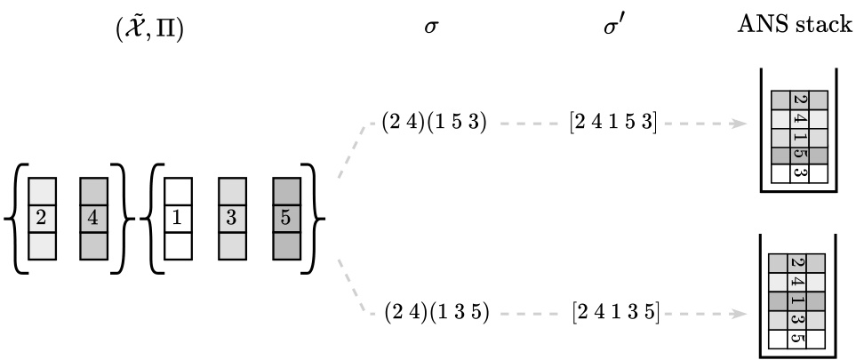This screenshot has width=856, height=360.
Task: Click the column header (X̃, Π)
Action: (x=147, y=29)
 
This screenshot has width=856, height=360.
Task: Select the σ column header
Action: (x=432, y=28)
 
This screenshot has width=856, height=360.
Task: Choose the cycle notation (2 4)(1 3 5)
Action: (x=436, y=313)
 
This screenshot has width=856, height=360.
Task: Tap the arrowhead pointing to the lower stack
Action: (x=739, y=313)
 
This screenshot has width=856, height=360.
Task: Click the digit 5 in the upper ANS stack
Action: (x=798, y=156)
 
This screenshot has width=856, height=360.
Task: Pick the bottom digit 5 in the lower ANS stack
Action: (x=798, y=340)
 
